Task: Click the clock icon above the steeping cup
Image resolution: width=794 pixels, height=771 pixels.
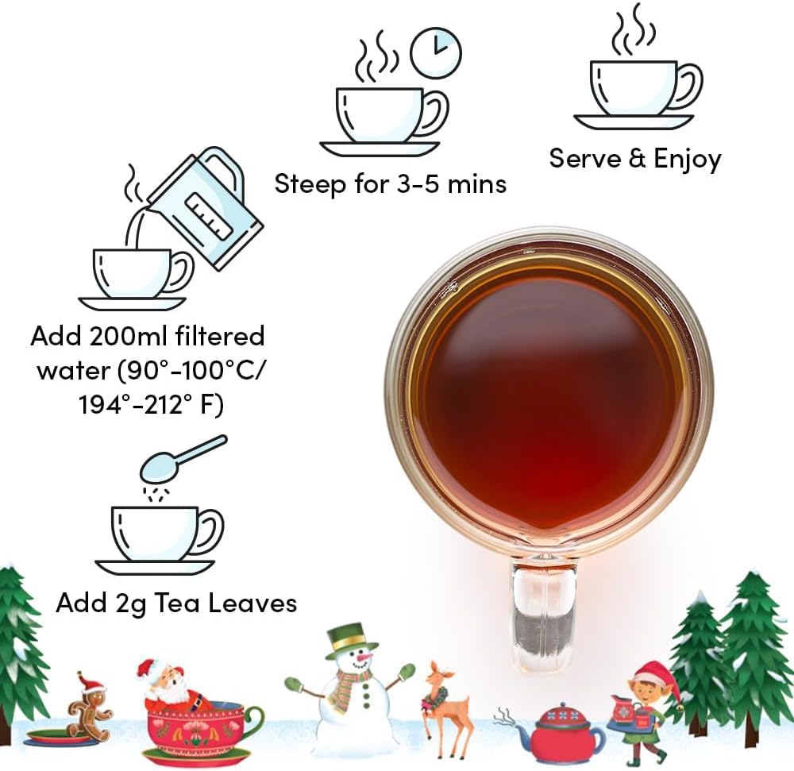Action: (435, 53)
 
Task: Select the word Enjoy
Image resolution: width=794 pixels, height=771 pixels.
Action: (687, 160)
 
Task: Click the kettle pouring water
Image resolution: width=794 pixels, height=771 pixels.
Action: (205, 207)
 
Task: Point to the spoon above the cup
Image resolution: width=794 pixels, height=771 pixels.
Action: (183, 458)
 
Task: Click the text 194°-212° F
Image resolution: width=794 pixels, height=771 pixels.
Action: (152, 405)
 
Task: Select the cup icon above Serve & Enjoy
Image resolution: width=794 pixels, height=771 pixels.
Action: (638, 71)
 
